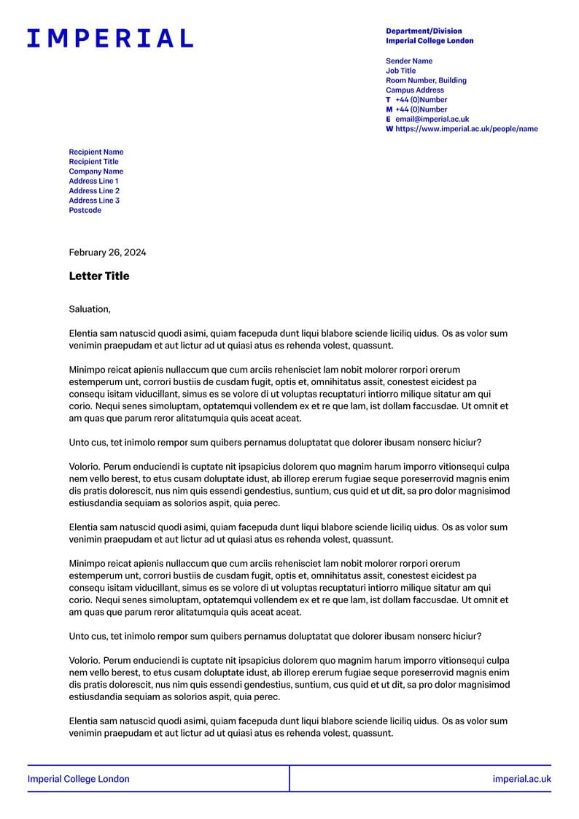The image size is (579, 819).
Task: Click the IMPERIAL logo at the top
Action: pos(110,38)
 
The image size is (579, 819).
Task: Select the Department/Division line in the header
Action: pos(424,31)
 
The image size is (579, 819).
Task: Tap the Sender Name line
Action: pos(409,61)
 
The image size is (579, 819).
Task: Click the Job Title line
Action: pos(401,71)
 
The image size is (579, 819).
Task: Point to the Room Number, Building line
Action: pos(426,80)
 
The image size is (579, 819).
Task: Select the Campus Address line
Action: pos(415,90)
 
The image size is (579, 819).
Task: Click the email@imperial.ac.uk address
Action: pos(432,119)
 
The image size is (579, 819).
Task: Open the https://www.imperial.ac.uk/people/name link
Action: pos(466,128)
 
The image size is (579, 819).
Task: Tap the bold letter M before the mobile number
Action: pos(389,109)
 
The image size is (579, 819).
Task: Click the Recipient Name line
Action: pos(96,152)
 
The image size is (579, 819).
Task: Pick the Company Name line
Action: pos(96,171)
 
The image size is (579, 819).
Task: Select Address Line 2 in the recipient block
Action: pos(94,191)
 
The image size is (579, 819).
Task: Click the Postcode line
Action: pos(85,210)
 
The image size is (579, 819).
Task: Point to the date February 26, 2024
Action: pos(107,252)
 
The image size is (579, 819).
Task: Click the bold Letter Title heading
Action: pos(99,276)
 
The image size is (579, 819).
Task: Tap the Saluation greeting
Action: pos(90,309)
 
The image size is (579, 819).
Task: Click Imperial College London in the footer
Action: pos(79,779)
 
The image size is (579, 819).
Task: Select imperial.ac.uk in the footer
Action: pos(521,779)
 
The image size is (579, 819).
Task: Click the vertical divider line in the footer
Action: pos(289,778)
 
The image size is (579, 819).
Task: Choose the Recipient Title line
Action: pos(93,162)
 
